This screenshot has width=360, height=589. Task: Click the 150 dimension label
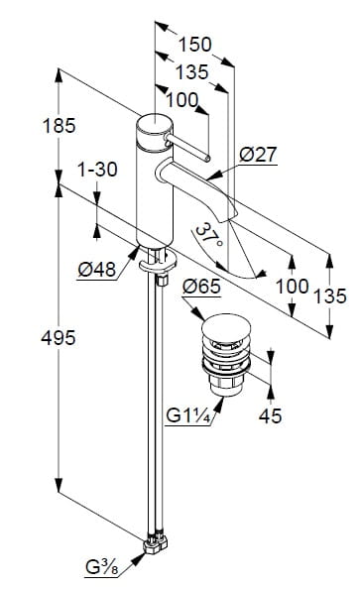pos(194,45)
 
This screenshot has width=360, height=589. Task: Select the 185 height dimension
pos(59,126)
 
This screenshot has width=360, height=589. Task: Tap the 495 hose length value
pos(59,338)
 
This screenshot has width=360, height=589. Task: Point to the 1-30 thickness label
pos(97,170)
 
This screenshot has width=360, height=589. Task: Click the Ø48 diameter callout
pos(97,270)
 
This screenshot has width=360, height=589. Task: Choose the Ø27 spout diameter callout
pos(258,154)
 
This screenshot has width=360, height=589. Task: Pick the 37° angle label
pos(209,235)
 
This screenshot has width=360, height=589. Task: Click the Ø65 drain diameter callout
pos(201,287)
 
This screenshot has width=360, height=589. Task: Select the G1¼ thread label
pos(187,415)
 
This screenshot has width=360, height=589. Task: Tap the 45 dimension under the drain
pos(270,415)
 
